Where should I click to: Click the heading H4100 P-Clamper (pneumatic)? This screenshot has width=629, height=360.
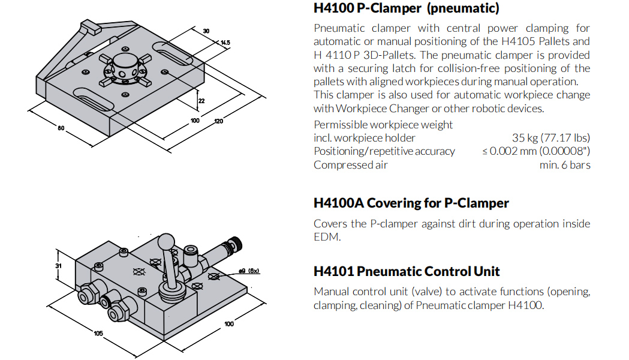(x=407, y=8)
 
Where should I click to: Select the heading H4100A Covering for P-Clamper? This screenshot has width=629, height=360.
(x=411, y=203)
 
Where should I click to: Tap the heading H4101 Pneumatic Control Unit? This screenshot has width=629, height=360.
(x=407, y=271)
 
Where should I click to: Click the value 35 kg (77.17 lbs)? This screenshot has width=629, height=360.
(x=551, y=138)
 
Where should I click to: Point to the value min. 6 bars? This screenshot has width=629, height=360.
(x=565, y=165)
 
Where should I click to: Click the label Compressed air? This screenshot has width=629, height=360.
(x=351, y=165)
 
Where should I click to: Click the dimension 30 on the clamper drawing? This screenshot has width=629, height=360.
(x=206, y=31)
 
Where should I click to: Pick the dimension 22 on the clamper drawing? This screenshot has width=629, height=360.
(x=201, y=101)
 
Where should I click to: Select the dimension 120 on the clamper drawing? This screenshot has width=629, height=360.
(x=218, y=121)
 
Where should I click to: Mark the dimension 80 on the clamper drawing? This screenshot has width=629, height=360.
(x=61, y=128)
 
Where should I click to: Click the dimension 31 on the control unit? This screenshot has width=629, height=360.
(x=59, y=266)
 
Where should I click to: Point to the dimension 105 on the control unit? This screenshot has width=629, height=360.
(x=98, y=333)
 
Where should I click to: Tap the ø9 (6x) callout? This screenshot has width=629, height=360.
(x=249, y=271)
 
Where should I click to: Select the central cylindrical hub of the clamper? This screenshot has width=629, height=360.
(x=125, y=64)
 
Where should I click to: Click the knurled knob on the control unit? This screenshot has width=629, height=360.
(x=235, y=243)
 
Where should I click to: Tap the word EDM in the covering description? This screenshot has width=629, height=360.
(x=327, y=237)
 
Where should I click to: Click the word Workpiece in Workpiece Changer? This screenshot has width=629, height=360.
(x=361, y=109)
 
